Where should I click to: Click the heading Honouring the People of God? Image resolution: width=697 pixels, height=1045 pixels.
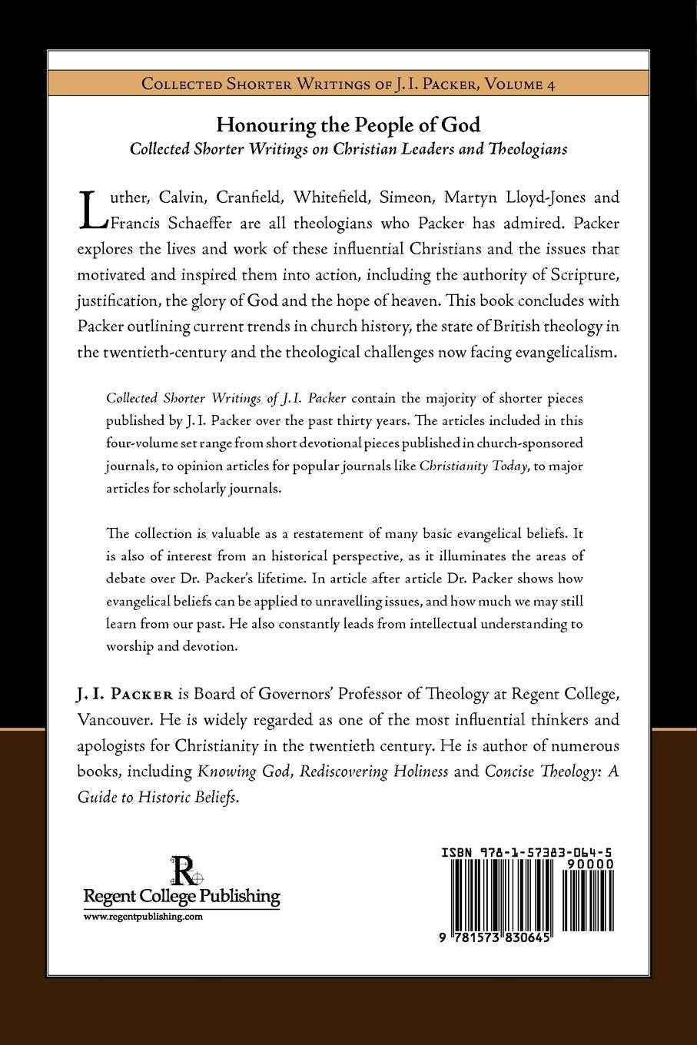pyautogui.click(x=348, y=125)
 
